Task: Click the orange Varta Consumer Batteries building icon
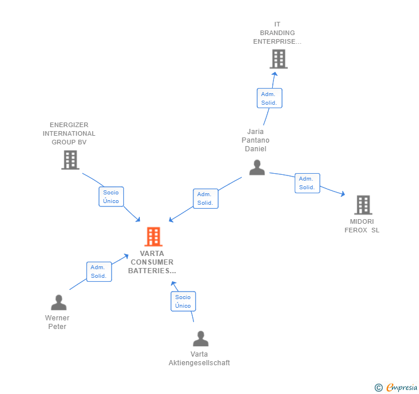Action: click(x=153, y=236)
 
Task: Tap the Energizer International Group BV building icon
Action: click(x=70, y=160)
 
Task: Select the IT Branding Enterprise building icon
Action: click(x=278, y=59)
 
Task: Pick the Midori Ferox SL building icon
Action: click(x=363, y=205)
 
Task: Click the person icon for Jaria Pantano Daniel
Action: click(x=257, y=167)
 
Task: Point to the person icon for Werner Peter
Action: click(x=58, y=303)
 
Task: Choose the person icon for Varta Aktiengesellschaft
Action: click(x=200, y=339)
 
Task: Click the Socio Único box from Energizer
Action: click(x=111, y=197)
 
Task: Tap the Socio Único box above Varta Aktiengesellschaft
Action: click(x=183, y=301)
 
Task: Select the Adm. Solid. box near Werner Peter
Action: click(x=98, y=271)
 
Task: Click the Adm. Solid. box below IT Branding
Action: click(x=269, y=98)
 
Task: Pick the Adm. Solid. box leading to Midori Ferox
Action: click(x=307, y=183)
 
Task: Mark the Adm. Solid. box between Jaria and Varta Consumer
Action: click(x=205, y=198)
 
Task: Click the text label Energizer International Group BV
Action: click(x=69, y=133)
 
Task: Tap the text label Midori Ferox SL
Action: click(x=362, y=225)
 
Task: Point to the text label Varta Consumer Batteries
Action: click(x=151, y=262)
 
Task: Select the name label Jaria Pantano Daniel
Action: click(x=256, y=140)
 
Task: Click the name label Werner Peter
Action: click(x=57, y=322)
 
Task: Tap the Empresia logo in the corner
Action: click(x=396, y=387)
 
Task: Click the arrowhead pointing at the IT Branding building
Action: click(x=275, y=74)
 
